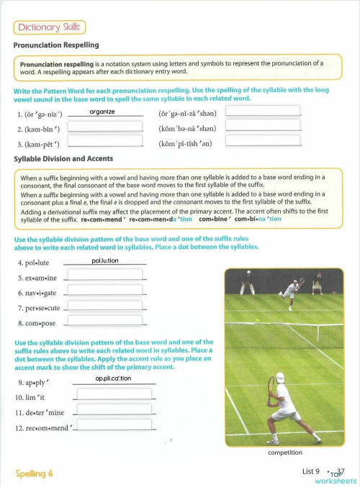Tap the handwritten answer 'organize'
click(102, 111)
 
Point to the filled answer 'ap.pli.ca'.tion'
click(113, 378)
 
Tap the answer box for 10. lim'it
click(114, 394)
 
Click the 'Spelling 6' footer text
click(34, 473)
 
